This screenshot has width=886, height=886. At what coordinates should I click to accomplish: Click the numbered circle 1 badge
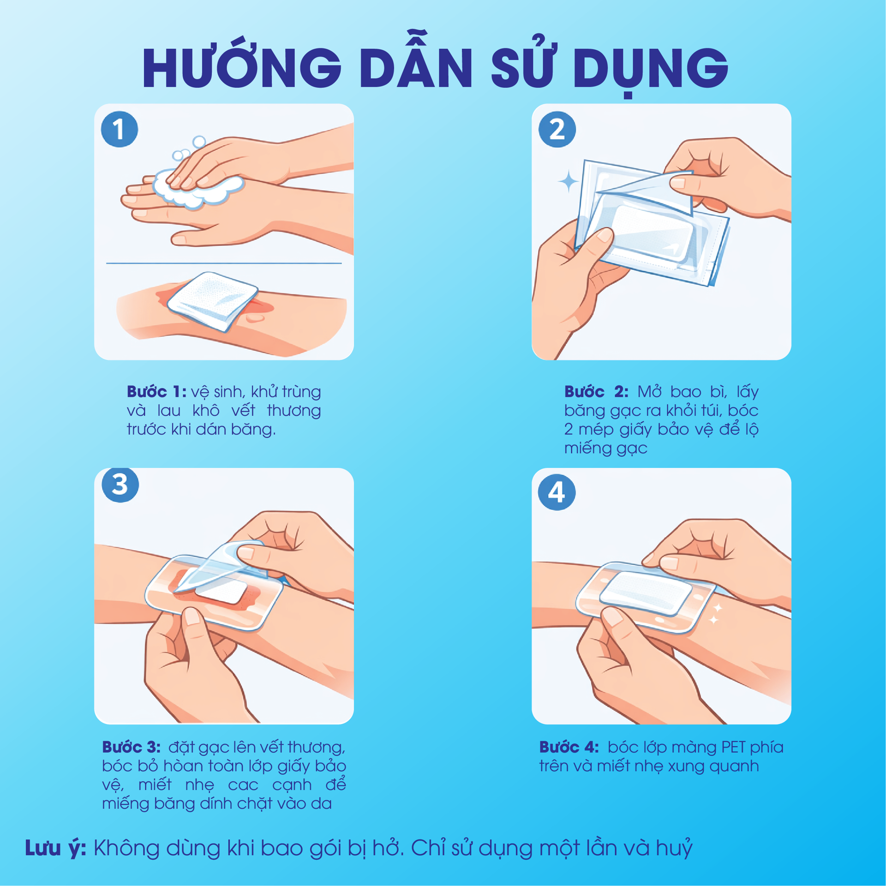pos(120,129)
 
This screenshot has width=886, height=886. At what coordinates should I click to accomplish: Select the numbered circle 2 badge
pos(557,129)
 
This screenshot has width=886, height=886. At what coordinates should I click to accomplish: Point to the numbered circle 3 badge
pos(120,485)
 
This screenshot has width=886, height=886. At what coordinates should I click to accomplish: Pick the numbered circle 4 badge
pos(557,492)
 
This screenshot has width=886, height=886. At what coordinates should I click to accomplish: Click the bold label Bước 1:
pos(156,392)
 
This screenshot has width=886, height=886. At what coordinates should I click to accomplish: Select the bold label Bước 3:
pos(132,747)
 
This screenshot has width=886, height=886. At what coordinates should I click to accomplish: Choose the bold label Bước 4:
pos(569,747)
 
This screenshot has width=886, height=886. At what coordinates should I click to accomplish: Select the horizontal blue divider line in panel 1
pos(224,263)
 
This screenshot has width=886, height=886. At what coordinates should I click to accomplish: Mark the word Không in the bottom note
pos(125,848)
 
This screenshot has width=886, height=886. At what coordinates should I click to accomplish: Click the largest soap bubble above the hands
pos(199,141)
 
